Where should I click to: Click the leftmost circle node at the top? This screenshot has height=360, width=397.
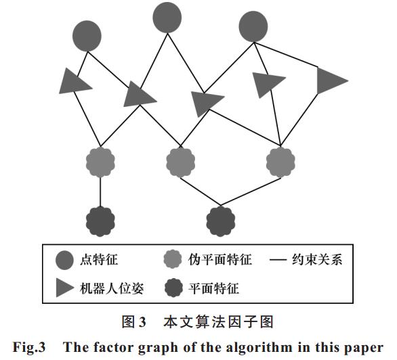[87, 36]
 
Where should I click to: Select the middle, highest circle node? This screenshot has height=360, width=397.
[167, 18]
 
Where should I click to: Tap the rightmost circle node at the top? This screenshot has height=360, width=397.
[253, 26]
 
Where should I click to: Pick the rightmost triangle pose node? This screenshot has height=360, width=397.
[331, 81]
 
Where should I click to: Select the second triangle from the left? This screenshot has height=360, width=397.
[138, 95]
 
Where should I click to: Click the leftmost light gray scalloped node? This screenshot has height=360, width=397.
[100, 162]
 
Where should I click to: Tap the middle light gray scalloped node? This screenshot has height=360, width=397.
[180, 162]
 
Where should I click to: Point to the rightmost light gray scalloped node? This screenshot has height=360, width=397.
[280, 162]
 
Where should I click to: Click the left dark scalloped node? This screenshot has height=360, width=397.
[100, 222]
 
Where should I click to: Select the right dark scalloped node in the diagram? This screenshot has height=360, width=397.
[221, 221]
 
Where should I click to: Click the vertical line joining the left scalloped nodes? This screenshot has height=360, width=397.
[100, 192]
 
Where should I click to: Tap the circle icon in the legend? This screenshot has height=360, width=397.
[64, 260]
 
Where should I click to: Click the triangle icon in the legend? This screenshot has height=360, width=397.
[64, 288]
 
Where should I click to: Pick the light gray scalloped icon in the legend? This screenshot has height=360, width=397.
[173, 259]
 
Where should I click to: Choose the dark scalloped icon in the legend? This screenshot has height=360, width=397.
[173, 288]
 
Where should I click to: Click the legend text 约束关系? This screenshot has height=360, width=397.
[317, 260]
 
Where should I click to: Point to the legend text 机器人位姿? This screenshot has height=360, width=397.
[112, 288]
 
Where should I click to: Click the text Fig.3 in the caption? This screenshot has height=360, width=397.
[29, 347]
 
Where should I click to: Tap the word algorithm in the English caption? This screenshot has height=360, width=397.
[259, 347]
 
